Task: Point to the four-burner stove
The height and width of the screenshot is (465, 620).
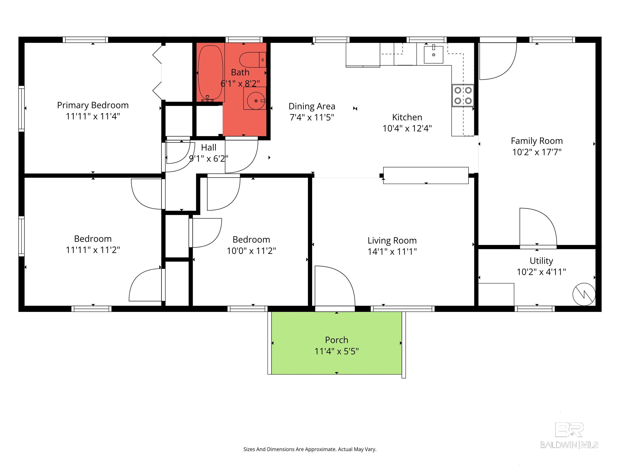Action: coord(463,95)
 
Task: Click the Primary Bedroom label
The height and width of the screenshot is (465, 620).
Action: coord(93,105)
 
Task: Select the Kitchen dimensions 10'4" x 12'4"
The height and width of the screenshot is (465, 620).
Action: coord(407,128)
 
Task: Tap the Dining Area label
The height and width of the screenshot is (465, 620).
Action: coord(312,106)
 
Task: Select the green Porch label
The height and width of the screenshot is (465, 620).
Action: coord(336,340)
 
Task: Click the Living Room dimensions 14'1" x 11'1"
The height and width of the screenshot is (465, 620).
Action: coord(392,251)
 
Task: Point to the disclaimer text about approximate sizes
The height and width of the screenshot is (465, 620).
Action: coord(310,449)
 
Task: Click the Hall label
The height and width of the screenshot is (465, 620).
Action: coord(208,148)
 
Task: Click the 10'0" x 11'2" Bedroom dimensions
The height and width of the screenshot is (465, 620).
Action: coord(251,251)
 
